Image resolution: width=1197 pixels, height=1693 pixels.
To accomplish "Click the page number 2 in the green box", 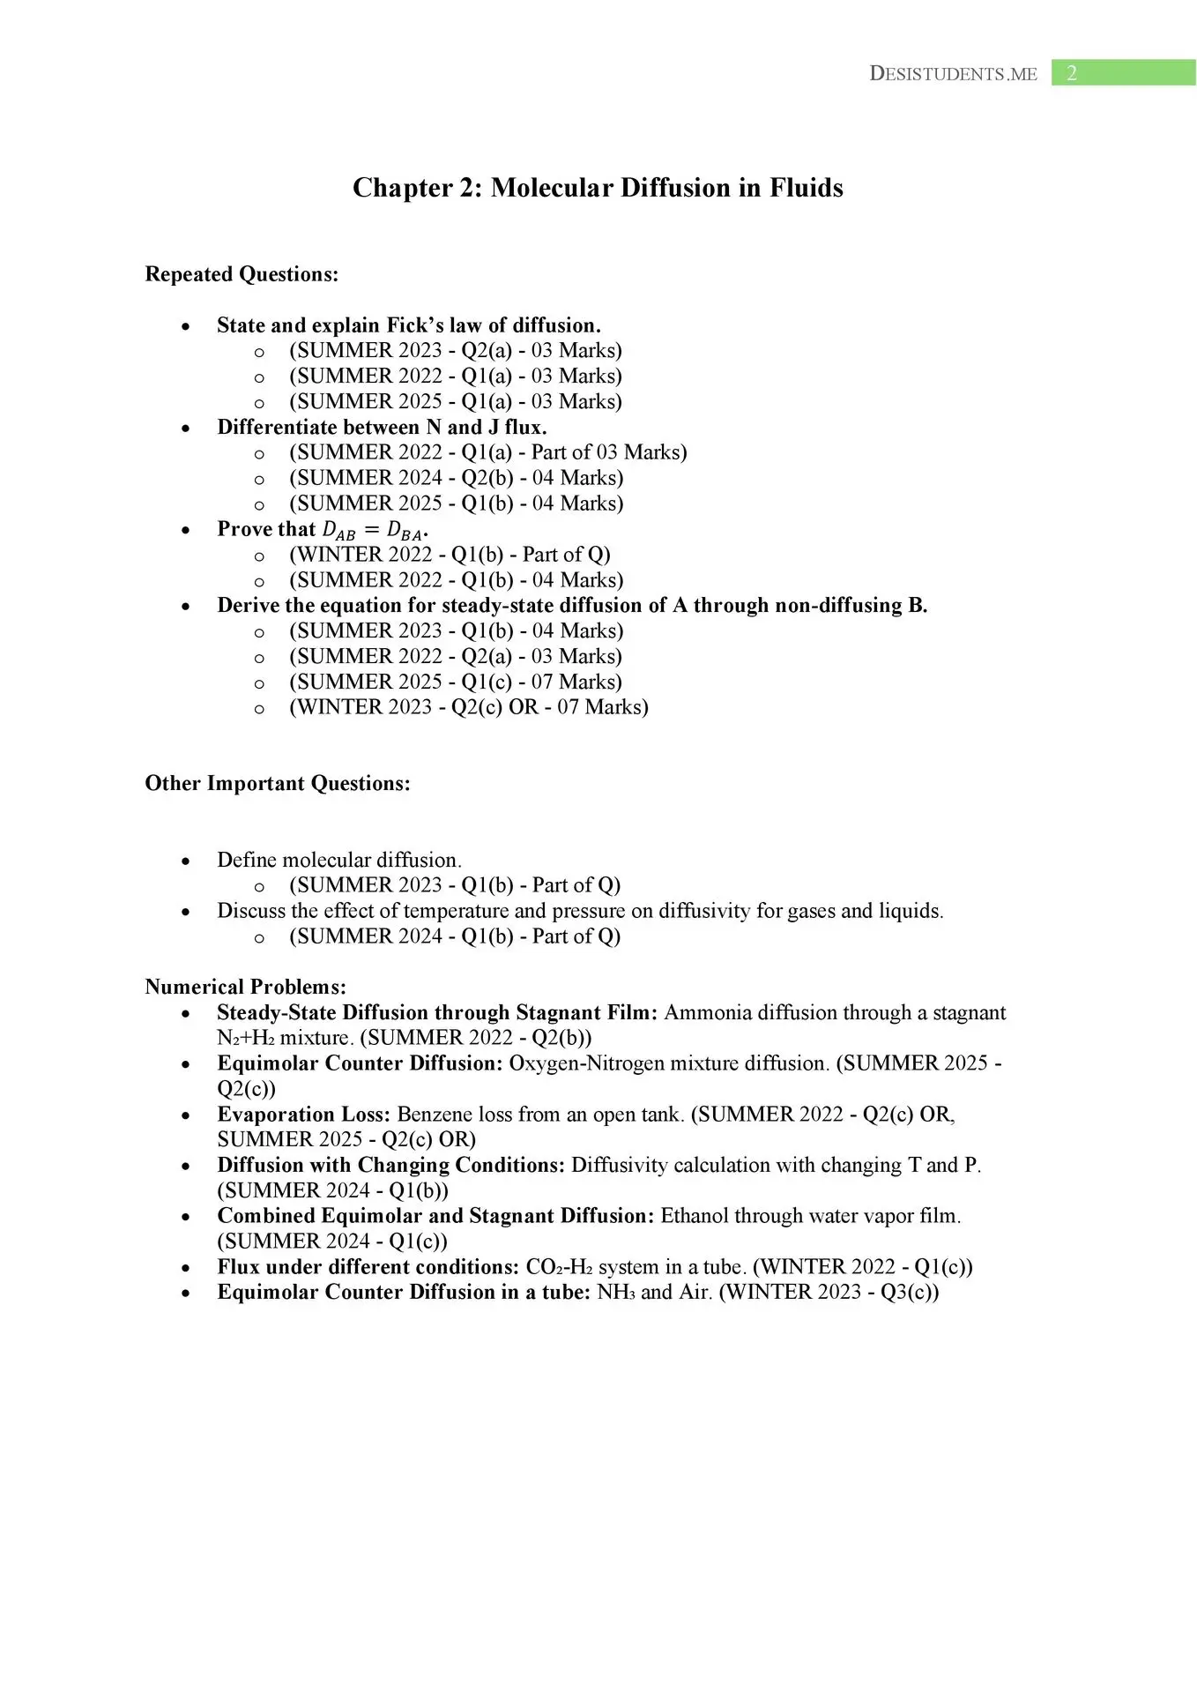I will click(1071, 73).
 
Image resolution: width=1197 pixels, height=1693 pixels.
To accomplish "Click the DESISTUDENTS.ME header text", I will click(953, 74).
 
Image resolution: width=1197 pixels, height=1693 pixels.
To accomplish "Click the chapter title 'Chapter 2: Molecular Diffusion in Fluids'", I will click(598, 188).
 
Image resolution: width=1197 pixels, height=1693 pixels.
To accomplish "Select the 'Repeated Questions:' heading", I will click(242, 274).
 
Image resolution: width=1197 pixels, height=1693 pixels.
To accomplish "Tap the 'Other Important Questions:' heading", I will click(278, 784).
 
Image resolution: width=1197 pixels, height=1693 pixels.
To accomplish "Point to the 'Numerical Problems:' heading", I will click(246, 987).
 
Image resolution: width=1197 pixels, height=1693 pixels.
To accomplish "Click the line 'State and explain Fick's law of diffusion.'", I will click(409, 325).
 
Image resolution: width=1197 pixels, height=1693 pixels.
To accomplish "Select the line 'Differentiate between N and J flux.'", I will click(382, 428).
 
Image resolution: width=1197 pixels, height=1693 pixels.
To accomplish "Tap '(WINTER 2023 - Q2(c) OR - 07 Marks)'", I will click(468, 707).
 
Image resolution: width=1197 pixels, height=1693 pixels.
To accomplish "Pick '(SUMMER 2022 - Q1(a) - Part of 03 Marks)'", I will click(487, 452).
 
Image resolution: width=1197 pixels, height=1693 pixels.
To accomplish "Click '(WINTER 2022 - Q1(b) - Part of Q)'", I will click(450, 555).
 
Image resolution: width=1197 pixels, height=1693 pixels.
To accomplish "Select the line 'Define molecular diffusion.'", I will click(339, 860).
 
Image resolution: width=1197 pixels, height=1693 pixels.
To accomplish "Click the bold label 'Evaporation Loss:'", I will click(303, 1115).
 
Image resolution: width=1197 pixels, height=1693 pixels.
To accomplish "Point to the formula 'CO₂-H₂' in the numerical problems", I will click(559, 1267).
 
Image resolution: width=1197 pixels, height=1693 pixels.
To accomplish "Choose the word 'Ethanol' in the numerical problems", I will click(696, 1216).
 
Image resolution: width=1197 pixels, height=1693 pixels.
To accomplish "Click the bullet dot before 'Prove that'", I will click(185, 531).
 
